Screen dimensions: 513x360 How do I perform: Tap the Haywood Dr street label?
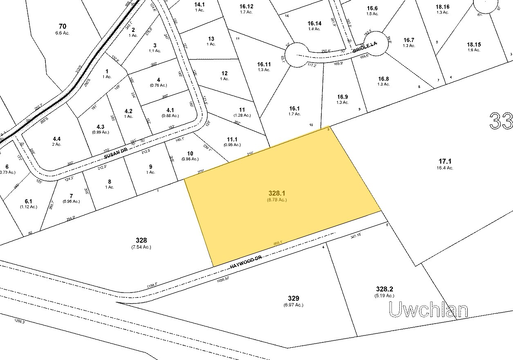246,262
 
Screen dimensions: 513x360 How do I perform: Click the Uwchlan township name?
428,310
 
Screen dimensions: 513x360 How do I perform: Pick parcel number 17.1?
444,162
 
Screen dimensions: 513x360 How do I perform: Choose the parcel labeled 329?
293,298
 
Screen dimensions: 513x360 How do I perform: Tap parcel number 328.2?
384,289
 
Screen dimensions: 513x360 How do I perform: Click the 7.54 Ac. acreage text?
142,247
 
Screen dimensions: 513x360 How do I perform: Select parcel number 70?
63,27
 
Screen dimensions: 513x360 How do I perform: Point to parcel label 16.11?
264,64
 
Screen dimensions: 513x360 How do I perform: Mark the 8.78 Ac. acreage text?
277,200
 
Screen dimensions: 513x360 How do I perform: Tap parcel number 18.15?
474,45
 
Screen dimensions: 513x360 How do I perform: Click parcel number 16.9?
343,97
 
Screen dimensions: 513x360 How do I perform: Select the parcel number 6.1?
28,201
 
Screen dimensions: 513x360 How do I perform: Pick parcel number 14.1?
199,4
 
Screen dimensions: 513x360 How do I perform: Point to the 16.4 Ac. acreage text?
444,168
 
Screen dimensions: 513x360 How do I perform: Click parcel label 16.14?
315,23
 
